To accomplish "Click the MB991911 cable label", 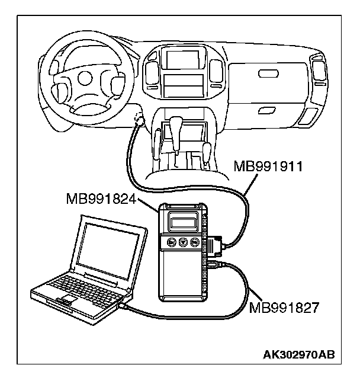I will [269, 166].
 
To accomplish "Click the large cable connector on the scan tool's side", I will [214, 245].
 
